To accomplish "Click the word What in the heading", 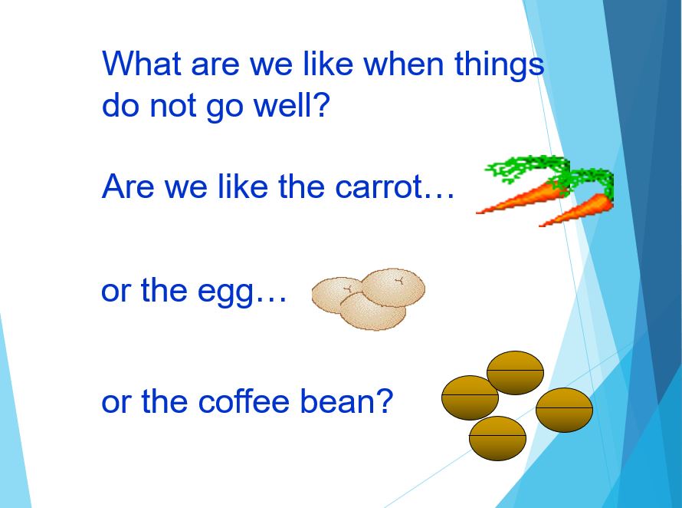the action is click(x=142, y=64).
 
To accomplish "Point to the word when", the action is click(x=404, y=64).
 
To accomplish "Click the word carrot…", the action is click(x=395, y=187).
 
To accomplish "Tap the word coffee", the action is click(x=244, y=401).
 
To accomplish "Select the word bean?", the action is click(x=346, y=401).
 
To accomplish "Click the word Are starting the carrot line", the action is click(x=128, y=186).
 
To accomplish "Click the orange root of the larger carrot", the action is click(x=521, y=198).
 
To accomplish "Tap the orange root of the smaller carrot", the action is click(x=576, y=210).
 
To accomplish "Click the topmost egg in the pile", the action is click(x=393, y=288).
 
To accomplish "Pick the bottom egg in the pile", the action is click(x=372, y=311).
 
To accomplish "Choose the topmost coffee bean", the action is click(x=515, y=373).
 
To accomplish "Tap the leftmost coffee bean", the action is click(x=470, y=397).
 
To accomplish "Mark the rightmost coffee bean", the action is click(x=564, y=410).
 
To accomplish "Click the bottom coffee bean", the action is click(x=497, y=438).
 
